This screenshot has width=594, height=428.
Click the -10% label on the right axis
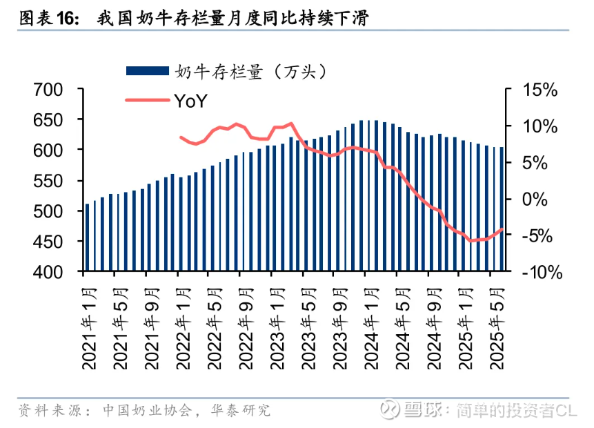pyautogui.click(x=539, y=272)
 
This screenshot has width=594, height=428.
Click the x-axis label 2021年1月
pyautogui.click(x=88, y=324)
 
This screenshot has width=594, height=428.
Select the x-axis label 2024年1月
pyautogui.click(x=368, y=324)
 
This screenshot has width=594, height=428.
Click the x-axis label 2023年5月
pyautogui.click(x=306, y=324)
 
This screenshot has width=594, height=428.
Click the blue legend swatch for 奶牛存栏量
pyautogui.click(x=147, y=71)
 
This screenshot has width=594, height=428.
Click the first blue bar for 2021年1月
pyautogui.click(x=88, y=236)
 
